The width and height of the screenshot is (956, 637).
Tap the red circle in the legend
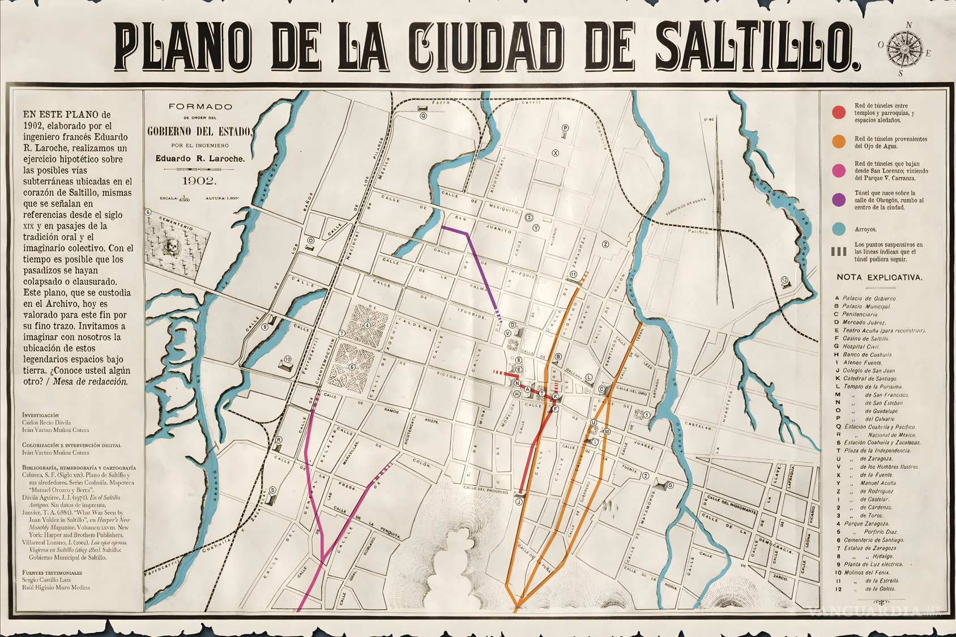(839, 112)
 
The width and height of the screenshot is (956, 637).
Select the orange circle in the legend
(839, 142)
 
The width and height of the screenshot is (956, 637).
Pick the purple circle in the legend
(839, 199)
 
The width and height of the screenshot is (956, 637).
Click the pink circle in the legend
(839, 170)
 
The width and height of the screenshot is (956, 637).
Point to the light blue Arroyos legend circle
(839, 229)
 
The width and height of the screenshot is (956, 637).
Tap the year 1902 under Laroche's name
(198, 181)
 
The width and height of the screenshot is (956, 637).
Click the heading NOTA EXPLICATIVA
(879, 277)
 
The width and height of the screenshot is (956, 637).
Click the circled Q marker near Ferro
(423, 116)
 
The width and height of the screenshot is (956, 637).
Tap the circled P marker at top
(565, 128)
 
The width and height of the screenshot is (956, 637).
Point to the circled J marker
(519, 502)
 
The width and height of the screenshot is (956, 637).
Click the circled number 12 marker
(784, 280)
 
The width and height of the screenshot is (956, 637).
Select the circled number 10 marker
(288, 359)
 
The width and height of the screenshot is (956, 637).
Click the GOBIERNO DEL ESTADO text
(199, 131)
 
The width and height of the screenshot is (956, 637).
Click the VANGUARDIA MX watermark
(875, 610)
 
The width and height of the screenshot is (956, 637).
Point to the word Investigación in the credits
(40, 415)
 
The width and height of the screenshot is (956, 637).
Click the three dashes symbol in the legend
(839, 252)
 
